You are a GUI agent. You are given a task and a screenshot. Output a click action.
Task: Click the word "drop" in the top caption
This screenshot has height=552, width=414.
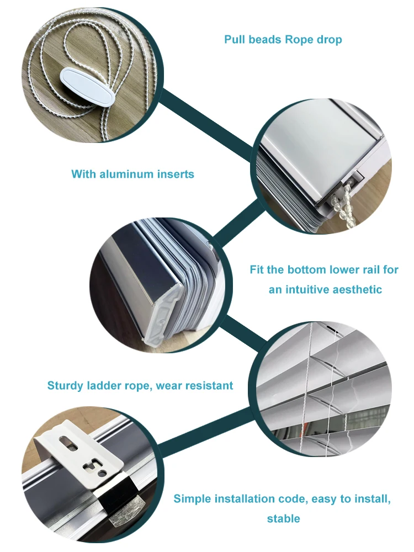329,40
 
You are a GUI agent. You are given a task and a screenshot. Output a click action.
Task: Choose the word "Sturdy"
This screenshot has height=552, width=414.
65,386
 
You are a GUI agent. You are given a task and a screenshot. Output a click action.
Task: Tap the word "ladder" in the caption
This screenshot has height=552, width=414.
105,386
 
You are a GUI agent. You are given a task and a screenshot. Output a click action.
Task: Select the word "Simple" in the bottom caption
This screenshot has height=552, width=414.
193,500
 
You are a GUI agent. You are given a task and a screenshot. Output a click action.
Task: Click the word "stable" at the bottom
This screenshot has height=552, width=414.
283,519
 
